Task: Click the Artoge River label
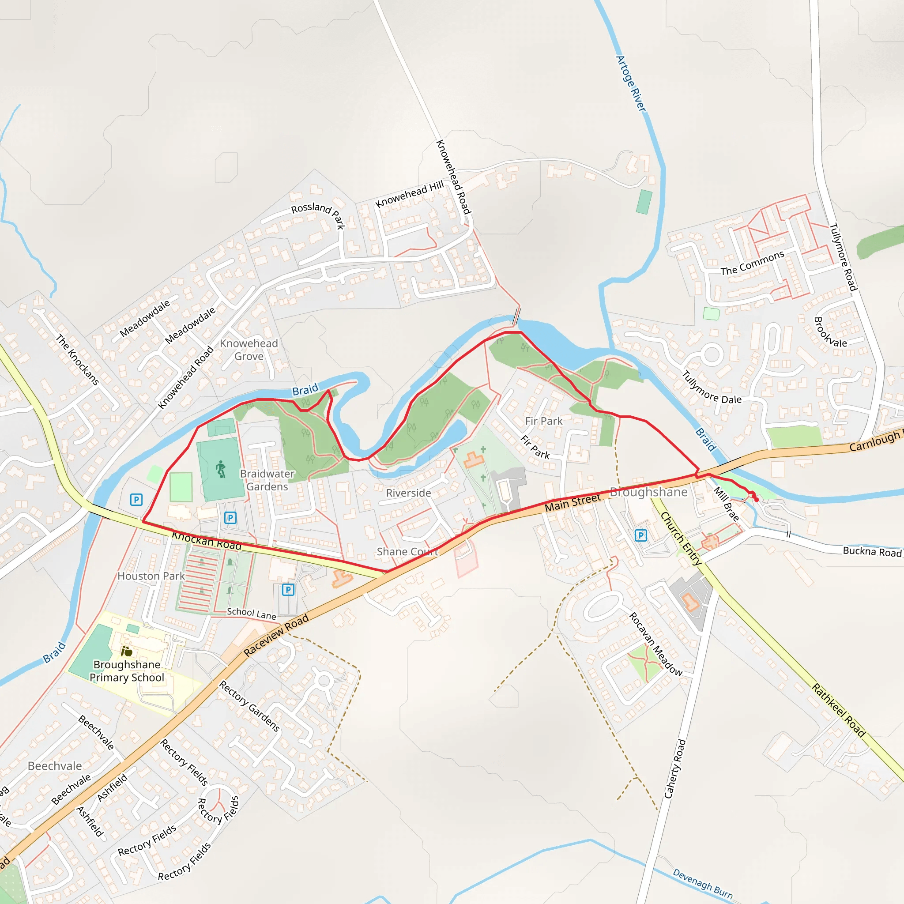tap(631, 84)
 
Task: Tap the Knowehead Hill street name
tap(410, 194)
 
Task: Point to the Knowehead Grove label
tap(249, 350)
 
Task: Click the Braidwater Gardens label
tap(267, 480)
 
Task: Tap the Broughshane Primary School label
tap(127, 671)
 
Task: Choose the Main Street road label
tap(572, 502)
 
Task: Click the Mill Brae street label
tap(726, 504)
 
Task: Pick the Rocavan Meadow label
tap(655, 644)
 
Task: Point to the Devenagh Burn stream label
tap(703, 883)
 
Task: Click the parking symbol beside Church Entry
tap(640, 535)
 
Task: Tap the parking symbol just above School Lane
tap(288, 590)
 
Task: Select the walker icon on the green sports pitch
tap(221, 469)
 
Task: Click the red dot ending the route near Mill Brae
tap(757, 500)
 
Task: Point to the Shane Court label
tap(407, 552)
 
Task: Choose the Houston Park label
tap(151, 576)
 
